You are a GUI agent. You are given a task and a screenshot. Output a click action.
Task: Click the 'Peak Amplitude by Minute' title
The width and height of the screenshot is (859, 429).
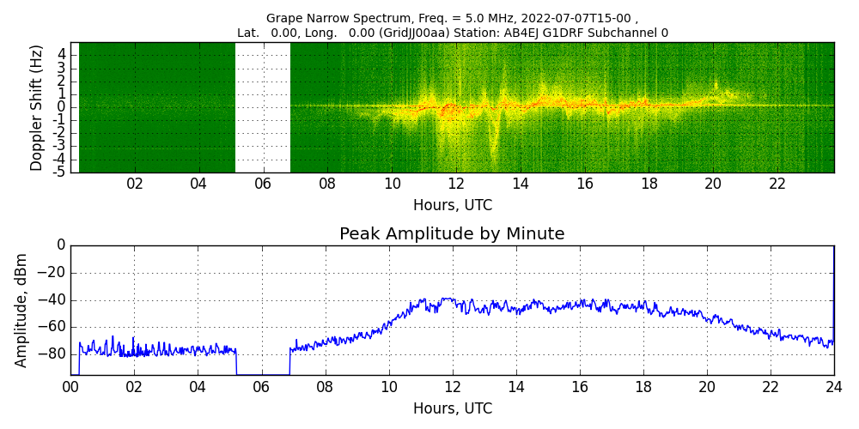452,234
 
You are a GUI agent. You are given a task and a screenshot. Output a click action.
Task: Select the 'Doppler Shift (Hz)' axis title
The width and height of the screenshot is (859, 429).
37,108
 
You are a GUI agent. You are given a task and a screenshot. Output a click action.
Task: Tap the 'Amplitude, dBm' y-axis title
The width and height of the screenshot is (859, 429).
22,310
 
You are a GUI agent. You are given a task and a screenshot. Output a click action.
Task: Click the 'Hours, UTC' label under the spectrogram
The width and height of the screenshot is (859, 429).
452,206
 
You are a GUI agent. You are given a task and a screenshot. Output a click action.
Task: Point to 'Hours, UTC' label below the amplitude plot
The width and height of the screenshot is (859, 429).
452,408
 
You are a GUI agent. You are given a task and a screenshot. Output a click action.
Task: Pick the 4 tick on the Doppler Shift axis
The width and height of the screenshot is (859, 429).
62,54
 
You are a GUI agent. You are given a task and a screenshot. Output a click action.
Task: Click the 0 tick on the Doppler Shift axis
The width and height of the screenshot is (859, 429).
62,107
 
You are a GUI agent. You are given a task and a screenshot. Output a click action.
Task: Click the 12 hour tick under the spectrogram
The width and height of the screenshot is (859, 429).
456,184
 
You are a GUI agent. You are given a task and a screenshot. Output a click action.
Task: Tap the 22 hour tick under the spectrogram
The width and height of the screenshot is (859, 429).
777,184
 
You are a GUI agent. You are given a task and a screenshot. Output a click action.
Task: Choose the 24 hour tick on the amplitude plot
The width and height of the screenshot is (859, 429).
834,386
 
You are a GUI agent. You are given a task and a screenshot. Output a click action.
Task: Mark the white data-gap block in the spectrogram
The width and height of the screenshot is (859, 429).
263,107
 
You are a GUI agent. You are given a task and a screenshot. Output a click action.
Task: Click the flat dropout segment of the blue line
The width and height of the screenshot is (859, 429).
263,374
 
